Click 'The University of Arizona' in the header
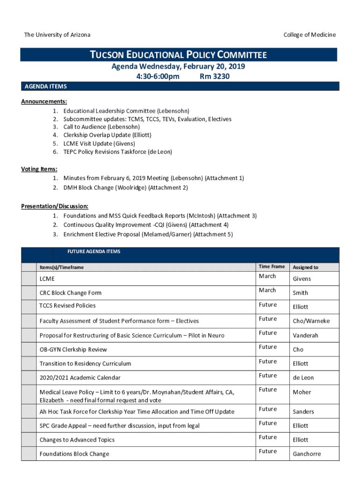click(57, 35)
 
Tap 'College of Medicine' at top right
click(310, 35)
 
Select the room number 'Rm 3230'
click(215, 76)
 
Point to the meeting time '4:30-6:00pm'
click(152, 76)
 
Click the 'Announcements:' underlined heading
click(44, 102)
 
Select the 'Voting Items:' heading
click(39, 169)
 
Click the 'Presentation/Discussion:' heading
click(55, 206)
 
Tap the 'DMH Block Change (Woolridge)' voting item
click(125, 188)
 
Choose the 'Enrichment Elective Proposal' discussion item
click(148, 234)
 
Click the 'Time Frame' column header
click(271, 267)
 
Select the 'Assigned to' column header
click(305, 267)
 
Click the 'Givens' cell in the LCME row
click(302, 279)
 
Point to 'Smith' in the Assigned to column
click(300, 293)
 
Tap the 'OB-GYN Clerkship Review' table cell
click(73, 349)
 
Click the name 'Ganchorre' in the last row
click(307, 454)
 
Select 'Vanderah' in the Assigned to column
click(305, 335)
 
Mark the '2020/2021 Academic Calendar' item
click(80, 377)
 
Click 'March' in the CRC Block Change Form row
click(267, 290)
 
